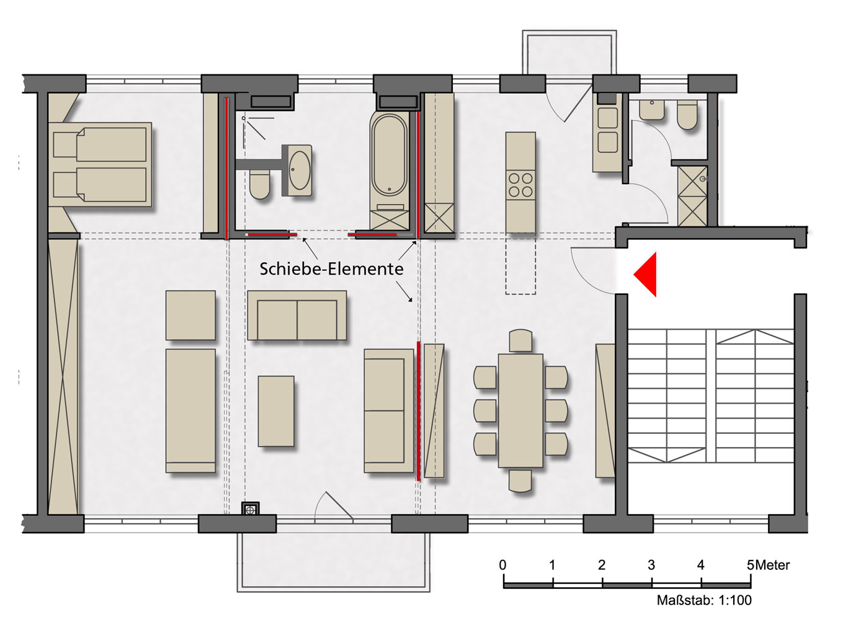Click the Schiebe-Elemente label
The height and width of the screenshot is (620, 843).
pyautogui.click(x=331, y=268)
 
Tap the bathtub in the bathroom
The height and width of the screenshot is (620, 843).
pyautogui.click(x=389, y=155)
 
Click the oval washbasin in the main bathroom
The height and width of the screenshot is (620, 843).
pyautogui.click(x=300, y=170)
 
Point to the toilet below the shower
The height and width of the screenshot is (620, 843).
pyautogui.click(x=260, y=184)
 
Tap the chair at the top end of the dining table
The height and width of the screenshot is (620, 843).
pyautogui.click(x=520, y=341)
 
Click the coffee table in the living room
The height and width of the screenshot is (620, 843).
pyautogui.click(x=276, y=411)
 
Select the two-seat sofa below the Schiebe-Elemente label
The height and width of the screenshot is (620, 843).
pyautogui.click(x=297, y=315)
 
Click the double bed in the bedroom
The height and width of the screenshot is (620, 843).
pyautogui.click(x=100, y=164)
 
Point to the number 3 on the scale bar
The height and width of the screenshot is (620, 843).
pyautogui.click(x=651, y=565)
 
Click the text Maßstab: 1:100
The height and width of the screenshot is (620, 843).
pyautogui.click(x=704, y=600)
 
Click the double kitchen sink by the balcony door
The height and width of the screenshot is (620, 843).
pyautogui.click(x=607, y=130)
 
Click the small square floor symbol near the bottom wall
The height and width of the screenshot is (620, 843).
pyautogui.click(x=250, y=510)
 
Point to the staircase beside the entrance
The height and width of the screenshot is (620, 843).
pyautogui.click(x=710, y=396)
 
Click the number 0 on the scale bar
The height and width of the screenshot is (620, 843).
pyautogui.click(x=503, y=565)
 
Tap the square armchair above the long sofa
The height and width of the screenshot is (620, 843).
pyautogui.click(x=190, y=315)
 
